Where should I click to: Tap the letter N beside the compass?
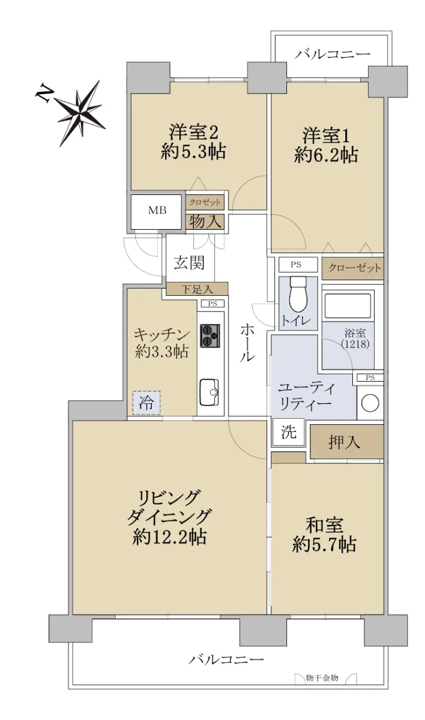pos(43,93)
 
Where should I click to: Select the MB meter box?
pos(157,211)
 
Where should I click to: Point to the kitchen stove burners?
pos(210,335)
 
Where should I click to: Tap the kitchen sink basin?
pos(209,392)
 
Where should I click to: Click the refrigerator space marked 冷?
pos(146,403)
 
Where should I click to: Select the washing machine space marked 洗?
pos(288,432)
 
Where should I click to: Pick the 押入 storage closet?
pos(346,442)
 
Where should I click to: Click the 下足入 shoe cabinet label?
pos(197,289)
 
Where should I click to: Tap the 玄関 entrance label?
pos(190,263)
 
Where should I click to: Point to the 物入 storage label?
pos(205,222)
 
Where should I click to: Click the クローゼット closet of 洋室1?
pos(353,268)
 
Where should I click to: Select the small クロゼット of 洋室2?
pos(205,203)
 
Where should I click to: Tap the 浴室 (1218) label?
pos(355,339)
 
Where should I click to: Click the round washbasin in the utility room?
pos(370,403)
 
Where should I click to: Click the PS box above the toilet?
pos(296,265)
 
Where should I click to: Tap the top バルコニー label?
pos(333,54)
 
